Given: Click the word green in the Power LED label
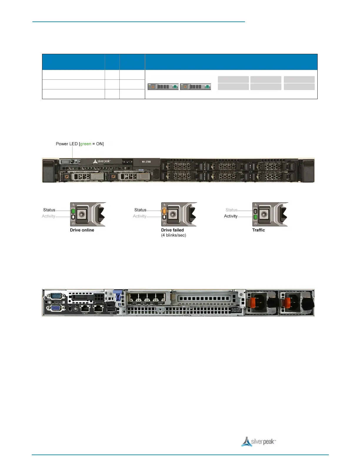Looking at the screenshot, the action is click(86, 144).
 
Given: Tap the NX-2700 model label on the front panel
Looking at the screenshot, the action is click(146, 162).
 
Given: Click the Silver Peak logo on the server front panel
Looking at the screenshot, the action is click(102, 162).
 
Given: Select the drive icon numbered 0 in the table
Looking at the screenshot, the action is click(163, 87).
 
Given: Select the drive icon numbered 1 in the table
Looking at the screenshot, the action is click(195, 87).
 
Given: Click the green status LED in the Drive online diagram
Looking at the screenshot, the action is click(73, 211).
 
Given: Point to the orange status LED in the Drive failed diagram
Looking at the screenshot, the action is click(164, 211).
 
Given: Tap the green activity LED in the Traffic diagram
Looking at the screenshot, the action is click(256, 217).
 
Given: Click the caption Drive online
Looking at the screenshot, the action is click(82, 230).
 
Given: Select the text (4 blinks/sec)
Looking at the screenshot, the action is click(174, 235).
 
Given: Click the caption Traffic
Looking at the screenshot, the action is click(259, 230).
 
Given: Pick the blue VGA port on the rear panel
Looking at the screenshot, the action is click(55, 308).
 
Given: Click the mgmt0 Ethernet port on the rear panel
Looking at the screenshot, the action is click(85, 308).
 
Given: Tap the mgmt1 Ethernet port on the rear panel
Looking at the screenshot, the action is click(98, 308).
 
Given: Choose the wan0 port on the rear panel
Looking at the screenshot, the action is click(143, 297).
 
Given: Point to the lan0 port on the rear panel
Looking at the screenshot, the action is click(134, 297).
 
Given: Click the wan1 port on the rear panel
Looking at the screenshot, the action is click(161, 297).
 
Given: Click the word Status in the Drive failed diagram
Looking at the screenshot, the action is click(140, 210).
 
